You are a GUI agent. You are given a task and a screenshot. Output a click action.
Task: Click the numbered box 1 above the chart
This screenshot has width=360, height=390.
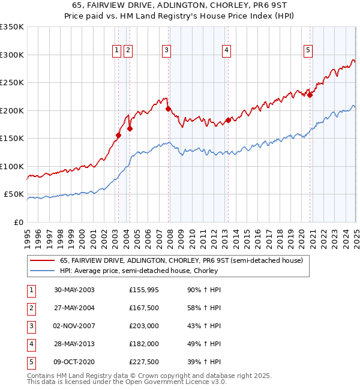[x=116, y=51]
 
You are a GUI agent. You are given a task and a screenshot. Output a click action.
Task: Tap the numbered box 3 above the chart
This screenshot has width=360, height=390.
[x=166, y=51]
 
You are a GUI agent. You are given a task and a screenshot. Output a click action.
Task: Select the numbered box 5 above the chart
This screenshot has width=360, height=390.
[x=308, y=51]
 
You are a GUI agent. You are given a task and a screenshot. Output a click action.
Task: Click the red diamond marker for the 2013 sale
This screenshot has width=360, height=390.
[x=229, y=121]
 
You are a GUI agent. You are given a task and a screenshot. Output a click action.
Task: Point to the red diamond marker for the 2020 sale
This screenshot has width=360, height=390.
[x=310, y=95]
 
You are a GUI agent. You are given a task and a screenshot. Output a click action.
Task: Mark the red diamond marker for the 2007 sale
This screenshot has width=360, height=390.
[x=168, y=109]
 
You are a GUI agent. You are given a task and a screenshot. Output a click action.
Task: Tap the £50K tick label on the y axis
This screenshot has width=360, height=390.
[x=14, y=194]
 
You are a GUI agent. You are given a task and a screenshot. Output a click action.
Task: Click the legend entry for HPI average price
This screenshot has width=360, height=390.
[x=138, y=271]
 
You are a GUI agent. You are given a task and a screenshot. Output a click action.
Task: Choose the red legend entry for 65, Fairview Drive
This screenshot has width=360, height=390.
[x=185, y=260]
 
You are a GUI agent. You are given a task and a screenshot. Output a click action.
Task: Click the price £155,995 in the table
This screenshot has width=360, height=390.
[x=144, y=289]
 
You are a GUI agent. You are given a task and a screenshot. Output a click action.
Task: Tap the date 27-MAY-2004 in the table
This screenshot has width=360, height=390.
[x=74, y=307]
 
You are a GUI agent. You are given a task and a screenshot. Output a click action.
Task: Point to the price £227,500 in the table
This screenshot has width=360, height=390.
[x=144, y=361]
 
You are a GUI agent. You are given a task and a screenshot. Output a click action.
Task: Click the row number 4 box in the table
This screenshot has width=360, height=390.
[x=29, y=343]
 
